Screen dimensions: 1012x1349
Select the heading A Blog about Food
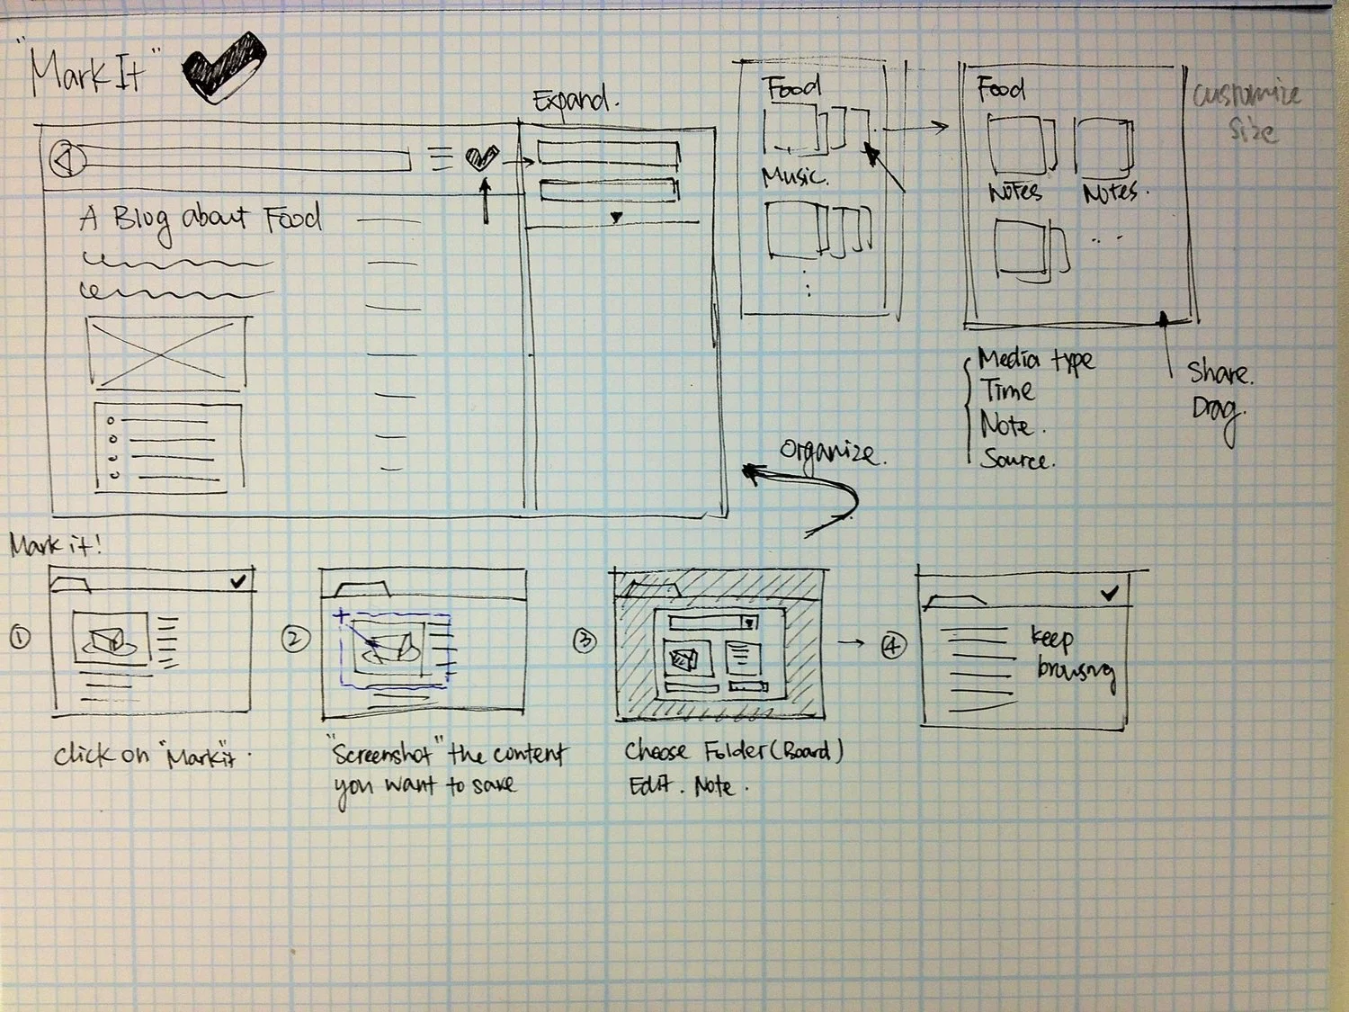[200, 219]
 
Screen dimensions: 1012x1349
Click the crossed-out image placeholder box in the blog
[167, 352]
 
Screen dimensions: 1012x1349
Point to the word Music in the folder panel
[793, 175]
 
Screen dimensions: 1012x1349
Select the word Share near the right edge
[1219, 372]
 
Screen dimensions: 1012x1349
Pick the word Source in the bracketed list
[1014, 460]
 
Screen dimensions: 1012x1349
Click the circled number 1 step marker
[20, 638]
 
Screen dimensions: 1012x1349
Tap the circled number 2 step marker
[295, 640]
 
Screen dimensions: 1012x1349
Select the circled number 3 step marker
[585, 640]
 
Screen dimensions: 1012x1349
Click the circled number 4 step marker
[893, 645]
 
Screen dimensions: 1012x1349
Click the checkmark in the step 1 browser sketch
[237, 582]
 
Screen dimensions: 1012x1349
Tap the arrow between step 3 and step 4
[851, 642]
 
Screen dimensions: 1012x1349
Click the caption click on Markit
[150, 756]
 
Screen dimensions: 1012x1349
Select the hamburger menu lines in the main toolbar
[441, 158]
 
